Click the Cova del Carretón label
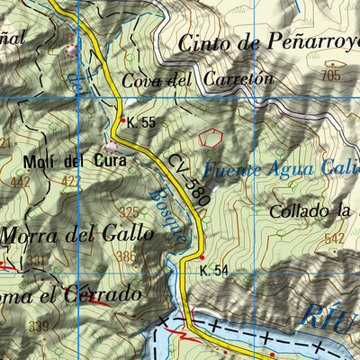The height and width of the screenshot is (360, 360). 196,79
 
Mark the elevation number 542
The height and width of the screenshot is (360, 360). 335,238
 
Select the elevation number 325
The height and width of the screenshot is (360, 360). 130,212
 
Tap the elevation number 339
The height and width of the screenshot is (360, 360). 38,325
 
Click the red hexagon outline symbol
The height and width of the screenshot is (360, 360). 211,138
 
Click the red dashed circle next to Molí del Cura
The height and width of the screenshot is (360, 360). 111,146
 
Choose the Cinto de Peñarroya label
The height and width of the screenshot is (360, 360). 268,42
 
